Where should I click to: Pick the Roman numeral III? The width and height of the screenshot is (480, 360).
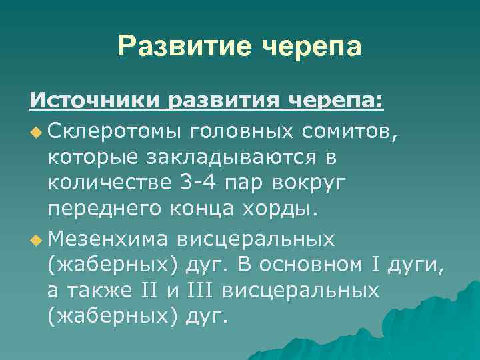(x=199, y=291)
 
